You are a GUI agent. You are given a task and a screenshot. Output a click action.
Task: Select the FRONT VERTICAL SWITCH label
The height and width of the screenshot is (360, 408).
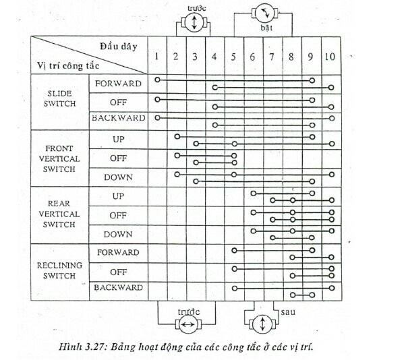click(x=61, y=158)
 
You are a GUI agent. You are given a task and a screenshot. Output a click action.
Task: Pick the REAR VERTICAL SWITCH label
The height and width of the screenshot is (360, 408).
click(x=61, y=214)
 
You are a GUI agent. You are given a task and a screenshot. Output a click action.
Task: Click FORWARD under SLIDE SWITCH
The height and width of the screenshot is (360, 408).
click(x=119, y=84)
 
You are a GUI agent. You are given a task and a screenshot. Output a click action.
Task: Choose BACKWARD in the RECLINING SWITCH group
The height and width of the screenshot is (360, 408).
click(x=119, y=288)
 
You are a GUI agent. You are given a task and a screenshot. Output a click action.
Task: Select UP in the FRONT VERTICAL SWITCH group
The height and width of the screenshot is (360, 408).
click(x=119, y=139)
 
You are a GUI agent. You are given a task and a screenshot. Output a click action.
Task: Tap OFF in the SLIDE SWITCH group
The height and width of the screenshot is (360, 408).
click(x=119, y=102)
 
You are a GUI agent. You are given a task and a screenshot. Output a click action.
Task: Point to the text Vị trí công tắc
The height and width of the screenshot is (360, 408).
click(x=69, y=65)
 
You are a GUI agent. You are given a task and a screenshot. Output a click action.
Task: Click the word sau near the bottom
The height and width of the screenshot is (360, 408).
click(x=289, y=313)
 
